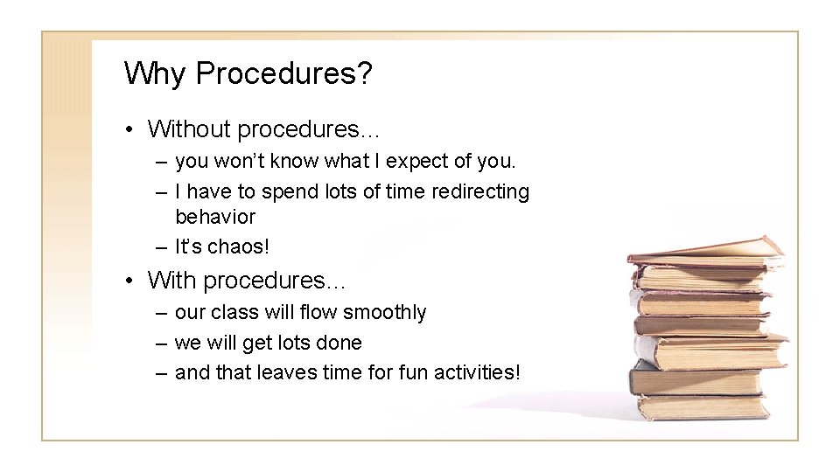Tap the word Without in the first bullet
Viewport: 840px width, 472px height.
190,129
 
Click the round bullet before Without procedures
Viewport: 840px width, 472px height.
129,130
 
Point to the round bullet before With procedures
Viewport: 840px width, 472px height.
129,281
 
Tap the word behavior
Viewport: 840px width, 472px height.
215,216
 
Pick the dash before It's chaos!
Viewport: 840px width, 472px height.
160,247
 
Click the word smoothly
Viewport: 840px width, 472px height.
385,312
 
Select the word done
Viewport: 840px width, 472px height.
342,343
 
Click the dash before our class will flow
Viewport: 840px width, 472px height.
160,313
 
